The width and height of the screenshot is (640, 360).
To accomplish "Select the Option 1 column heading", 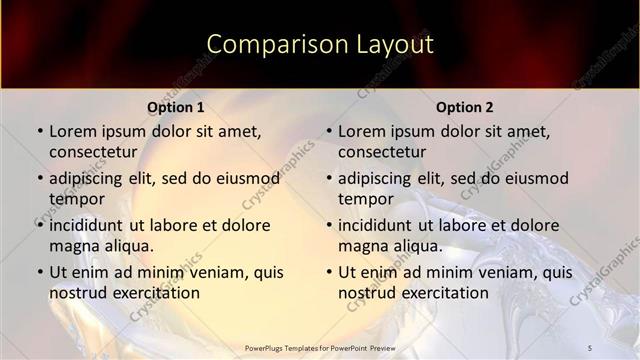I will tap(176, 107).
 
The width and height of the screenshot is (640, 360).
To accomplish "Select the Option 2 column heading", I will tap(465, 107).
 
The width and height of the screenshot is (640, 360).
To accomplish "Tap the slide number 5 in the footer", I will tap(590, 347).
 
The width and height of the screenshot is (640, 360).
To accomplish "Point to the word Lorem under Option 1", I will tap(72, 131).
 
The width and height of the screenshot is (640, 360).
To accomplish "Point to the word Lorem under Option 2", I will tap(361, 131).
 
